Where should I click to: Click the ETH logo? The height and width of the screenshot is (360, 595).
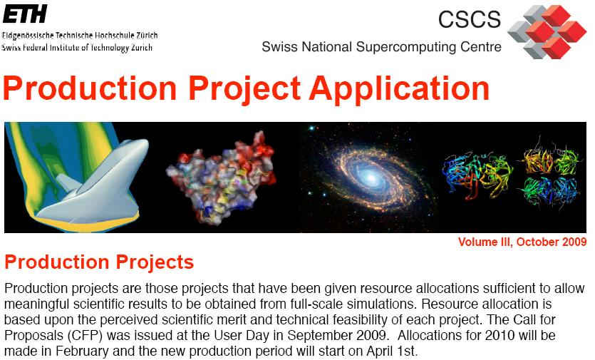(x=25, y=14)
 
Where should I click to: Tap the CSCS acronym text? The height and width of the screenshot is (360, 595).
(x=470, y=19)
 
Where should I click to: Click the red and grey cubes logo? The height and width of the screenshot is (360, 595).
(x=547, y=32)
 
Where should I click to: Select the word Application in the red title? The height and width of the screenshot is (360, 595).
(x=399, y=89)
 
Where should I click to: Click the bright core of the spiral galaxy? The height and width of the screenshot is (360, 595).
(x=371, y=177)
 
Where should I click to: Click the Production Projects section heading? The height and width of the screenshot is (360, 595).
(x=99, y=262)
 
